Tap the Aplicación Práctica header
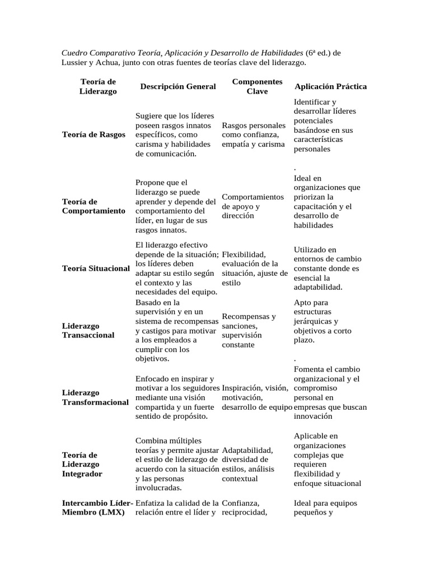coord(330,87)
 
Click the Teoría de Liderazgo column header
coord(98,86)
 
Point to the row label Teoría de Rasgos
coord(94,135)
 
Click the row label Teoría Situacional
coord(96,269)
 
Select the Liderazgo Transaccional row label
coord(88,330)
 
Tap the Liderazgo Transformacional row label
coord(95,397)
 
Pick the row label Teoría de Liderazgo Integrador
coord(82,464)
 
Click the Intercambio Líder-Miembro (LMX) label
coord(96,508)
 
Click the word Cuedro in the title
coord(75,53)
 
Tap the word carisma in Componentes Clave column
coord(273,144)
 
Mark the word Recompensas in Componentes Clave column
coord(249,317)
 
